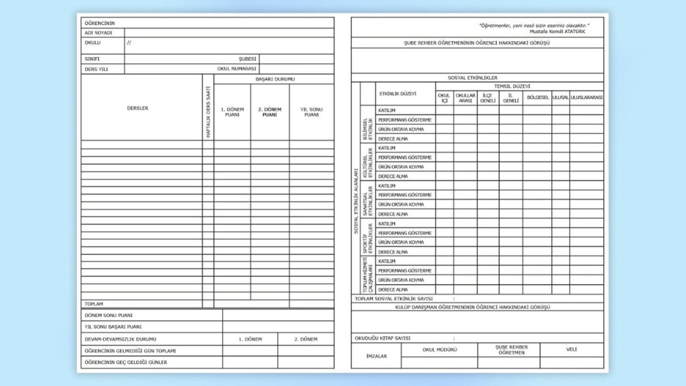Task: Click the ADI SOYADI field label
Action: pyautogui.click(x=98, y=33)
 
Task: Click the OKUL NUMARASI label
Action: pyautogui.click(x=237, y=69)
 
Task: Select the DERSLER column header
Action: pyautogui.click(x=138, y=108)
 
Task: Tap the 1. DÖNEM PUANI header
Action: pyautogui.click(x=232, y=112)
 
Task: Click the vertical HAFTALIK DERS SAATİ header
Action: pyautogui.click(x=208, y=113)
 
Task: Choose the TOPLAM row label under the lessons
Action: pyautogui.click(x=94, y=303)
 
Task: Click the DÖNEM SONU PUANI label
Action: pyautogui.click(x=108, y=315)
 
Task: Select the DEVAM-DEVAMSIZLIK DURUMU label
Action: pyautogui.click(x=120, y=339)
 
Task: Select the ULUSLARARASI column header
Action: pyautogui.click(x=586, y=98)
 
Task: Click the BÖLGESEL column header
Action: pyautogui.click(x=538, y=98)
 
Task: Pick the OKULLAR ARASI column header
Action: pyautogui.click(x=465, y=98)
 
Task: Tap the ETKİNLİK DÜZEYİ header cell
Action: pyautogui.click(x=398, y=93)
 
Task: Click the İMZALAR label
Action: pyautogui.click(x=376, y=356)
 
